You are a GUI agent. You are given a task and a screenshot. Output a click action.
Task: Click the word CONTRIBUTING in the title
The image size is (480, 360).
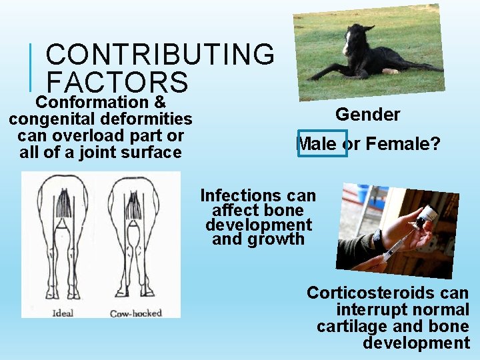159,55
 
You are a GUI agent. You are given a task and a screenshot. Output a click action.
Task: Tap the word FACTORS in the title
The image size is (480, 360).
117,82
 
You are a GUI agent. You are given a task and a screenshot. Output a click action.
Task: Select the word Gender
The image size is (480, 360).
367,115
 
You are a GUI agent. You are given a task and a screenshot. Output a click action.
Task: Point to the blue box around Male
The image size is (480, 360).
322,143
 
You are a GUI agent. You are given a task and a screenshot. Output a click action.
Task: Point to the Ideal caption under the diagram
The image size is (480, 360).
61,313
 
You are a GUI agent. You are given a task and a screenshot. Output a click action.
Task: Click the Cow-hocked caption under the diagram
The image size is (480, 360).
135,313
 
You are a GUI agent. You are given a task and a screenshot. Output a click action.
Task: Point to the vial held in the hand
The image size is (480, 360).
427,217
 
